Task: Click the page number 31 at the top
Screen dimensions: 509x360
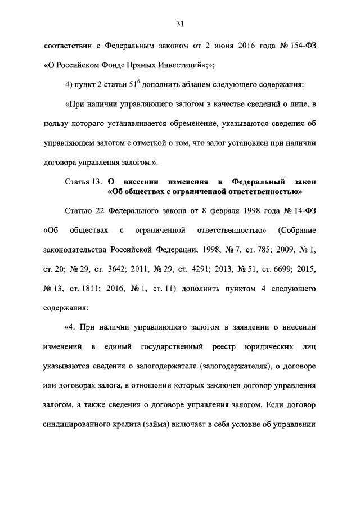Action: click(180, 23)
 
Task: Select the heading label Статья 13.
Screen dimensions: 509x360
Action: click(83, 182)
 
